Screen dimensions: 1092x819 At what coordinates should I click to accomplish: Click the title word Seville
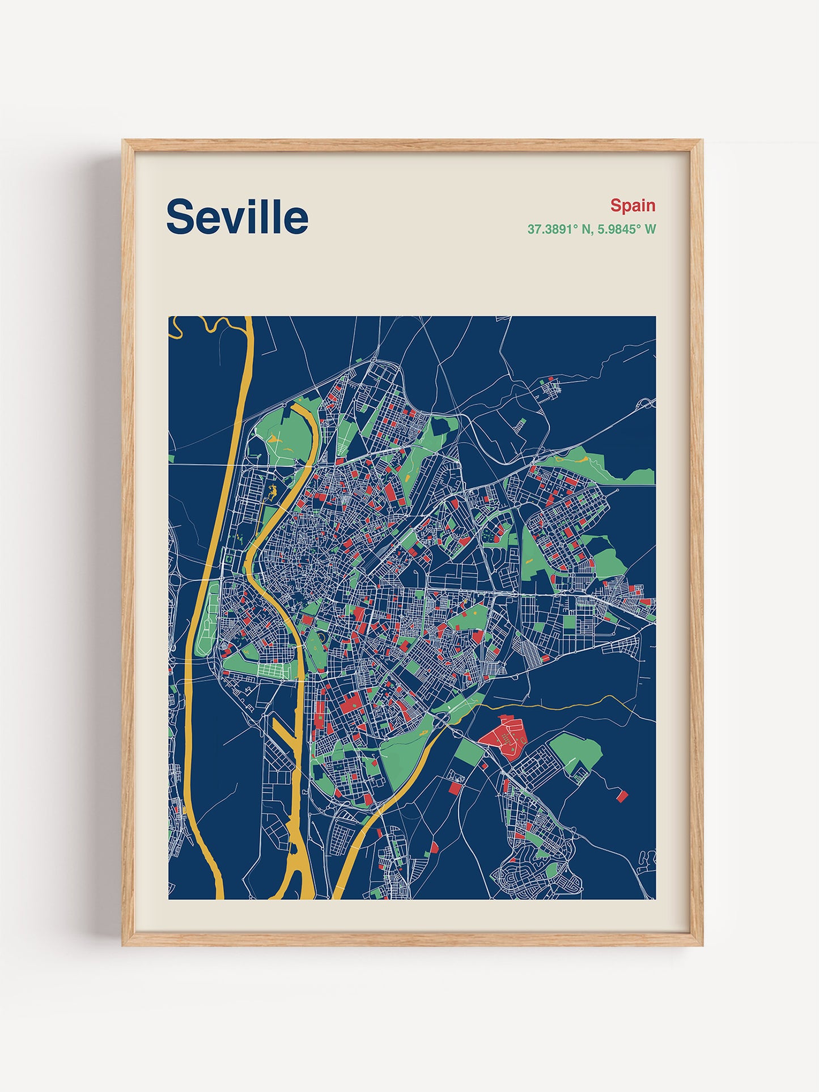point(237,216)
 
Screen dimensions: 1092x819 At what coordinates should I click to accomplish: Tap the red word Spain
point(633,205)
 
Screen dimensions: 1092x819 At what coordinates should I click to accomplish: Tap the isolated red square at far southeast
point(622,796)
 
